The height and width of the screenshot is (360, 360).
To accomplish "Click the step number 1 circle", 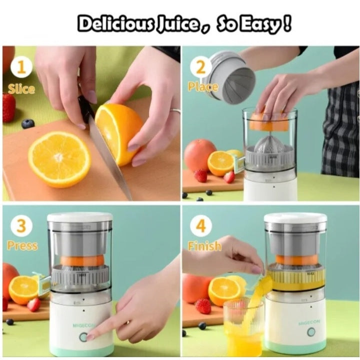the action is [x=21, y=67].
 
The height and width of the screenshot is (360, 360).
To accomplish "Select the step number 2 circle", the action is [x=200, y=67].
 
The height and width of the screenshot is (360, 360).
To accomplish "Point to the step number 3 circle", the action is [x=21, y=225].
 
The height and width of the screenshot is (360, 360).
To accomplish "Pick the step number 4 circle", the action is [x=200, y=225].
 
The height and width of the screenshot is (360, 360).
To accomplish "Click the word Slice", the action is [x=21, y=89].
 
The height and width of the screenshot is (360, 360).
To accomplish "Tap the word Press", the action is [x=22, y=245].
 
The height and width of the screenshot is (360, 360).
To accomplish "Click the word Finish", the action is [x=204, y=246].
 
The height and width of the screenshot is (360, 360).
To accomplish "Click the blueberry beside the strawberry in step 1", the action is [x=28, y=124].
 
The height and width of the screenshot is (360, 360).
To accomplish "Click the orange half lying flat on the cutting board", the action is [x=59, y=159].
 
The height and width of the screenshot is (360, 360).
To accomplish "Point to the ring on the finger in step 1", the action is [x=175, y=111].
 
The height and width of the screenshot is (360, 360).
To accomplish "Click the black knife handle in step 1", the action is [x=85, y=108].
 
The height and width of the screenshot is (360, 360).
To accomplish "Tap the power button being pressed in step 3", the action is [x=83, y=337].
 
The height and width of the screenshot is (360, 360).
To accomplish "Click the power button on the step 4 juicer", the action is [x=311, y=332].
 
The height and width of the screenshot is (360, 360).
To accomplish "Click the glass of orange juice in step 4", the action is [x=243, y=328].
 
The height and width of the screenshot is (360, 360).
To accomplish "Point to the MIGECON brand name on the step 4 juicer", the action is [x=309, y=322].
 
